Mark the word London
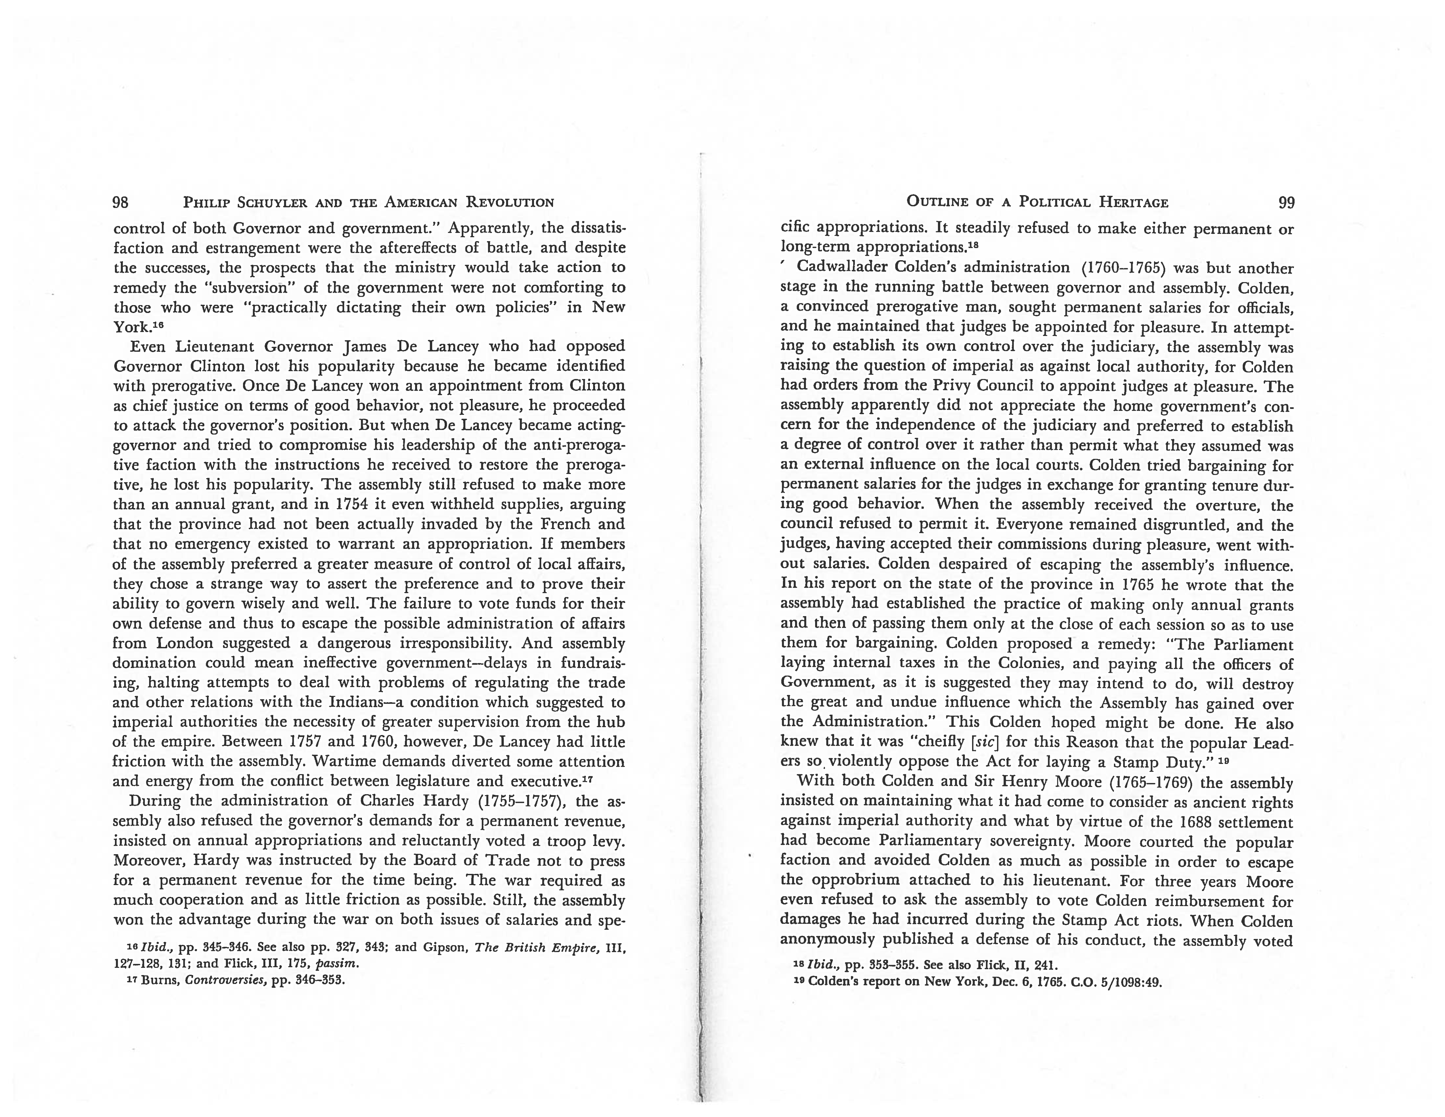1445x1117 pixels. click(185, 643)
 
